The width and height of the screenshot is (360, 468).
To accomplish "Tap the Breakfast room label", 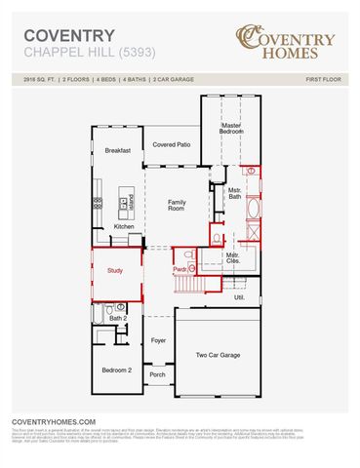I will [x=118, y=150].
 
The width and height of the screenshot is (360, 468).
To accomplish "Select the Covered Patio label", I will [x=171, y=144].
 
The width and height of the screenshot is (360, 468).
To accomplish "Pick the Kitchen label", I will [x=124, y=226].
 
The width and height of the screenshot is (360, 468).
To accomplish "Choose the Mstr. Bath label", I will [x=234, y=194].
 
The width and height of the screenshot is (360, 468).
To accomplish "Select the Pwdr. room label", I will [x=180, y=268].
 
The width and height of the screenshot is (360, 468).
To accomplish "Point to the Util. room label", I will [x=238, y=297].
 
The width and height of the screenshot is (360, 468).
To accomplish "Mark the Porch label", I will [x=158, y=374].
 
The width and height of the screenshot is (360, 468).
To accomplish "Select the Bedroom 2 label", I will [x=116, y=370].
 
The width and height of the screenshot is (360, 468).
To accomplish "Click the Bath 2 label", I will [x=117, y=318].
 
